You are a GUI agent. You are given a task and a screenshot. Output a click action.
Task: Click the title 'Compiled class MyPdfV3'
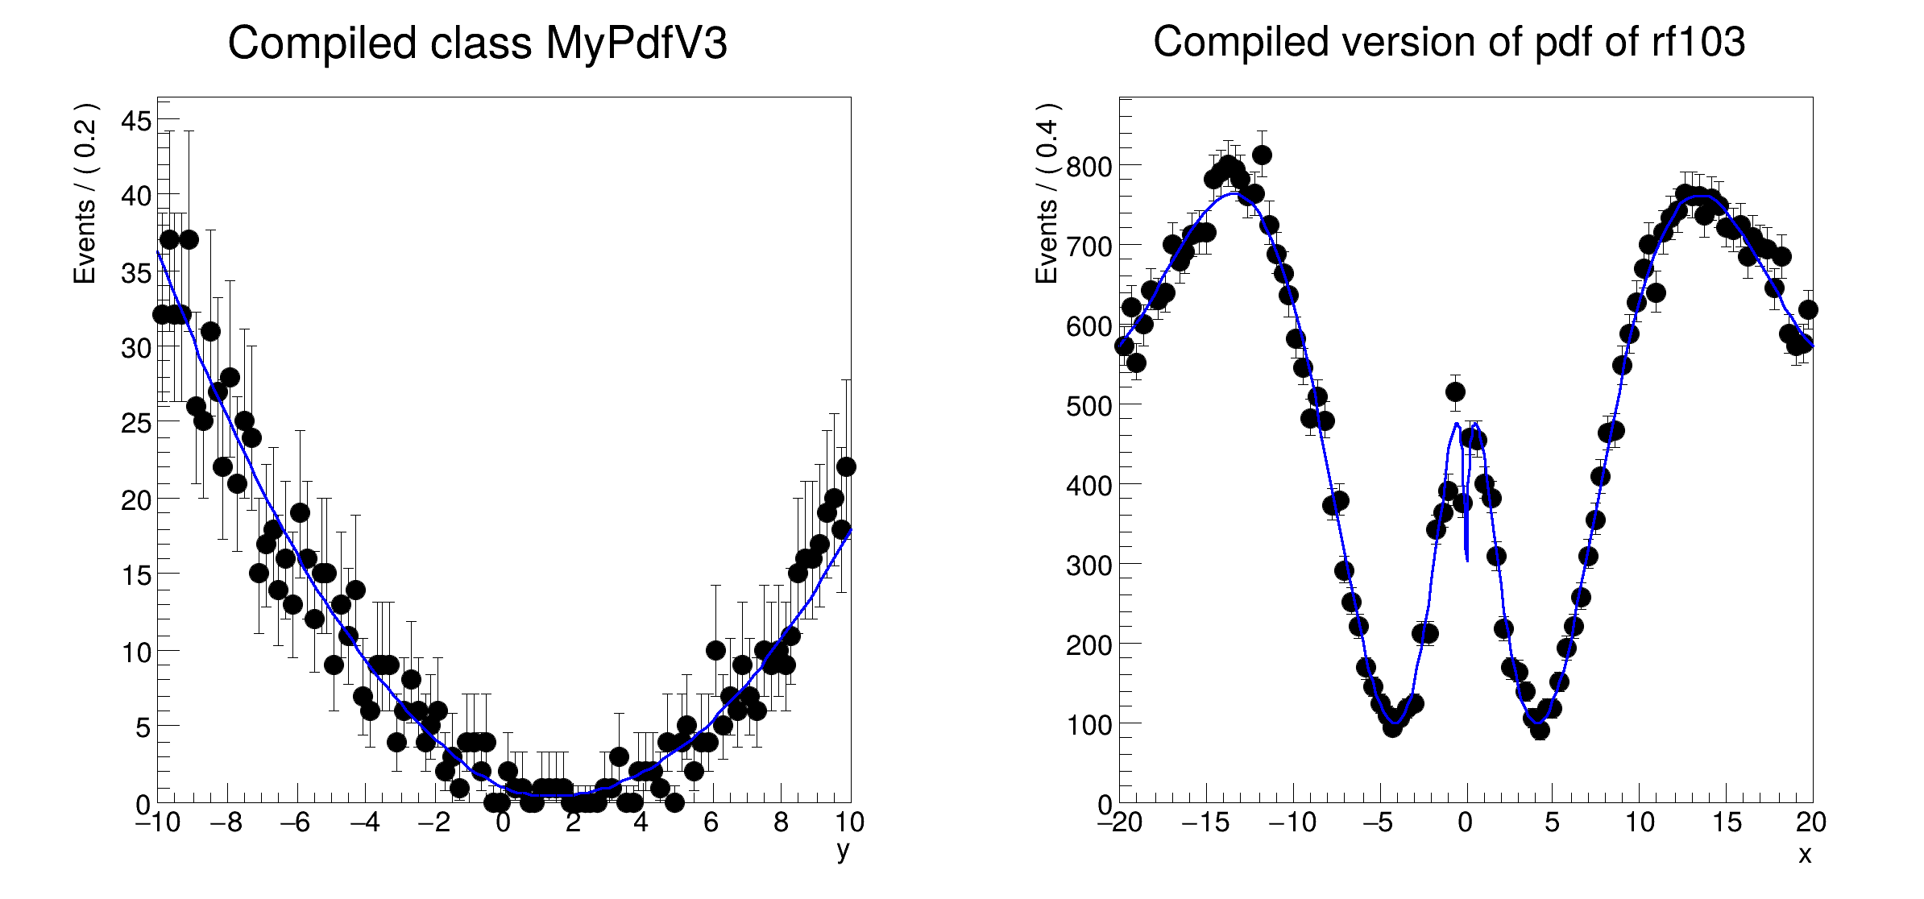tap(477, 43)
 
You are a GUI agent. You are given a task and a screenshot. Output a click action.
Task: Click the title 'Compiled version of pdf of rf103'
tap(1449, 42)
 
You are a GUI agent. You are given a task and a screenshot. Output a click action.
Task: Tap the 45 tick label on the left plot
tap(136, 122)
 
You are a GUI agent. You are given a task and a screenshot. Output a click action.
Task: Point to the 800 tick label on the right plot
tap(1089, 168)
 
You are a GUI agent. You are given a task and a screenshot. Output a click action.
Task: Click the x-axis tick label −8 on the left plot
tap(226, 822)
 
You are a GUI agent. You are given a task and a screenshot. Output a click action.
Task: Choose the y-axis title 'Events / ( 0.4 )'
tap(1047, 193)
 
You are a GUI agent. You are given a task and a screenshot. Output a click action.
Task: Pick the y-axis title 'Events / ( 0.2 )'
tap(85, 193)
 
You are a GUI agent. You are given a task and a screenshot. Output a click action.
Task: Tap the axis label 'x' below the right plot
tap(1805, 854)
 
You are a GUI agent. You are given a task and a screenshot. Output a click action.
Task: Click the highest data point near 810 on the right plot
tap(1262, 155)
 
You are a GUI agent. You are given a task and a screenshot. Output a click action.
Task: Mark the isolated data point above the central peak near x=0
tap(1455, 392)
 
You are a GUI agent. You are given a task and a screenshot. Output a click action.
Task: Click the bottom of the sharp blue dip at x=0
tap(1466, 559)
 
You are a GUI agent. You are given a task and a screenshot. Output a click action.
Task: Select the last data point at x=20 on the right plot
tap(1808, 310)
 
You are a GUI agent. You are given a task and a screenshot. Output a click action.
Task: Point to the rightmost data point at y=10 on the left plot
tap(846, 466)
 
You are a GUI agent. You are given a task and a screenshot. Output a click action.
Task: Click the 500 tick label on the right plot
tap(1089, 406)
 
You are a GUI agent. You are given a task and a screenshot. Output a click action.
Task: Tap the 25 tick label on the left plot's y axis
tap(136, 423)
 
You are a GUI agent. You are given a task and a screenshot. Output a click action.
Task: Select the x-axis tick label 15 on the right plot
tap(1727, 822)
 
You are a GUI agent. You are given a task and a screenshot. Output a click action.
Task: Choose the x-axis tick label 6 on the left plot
tap(710, 822)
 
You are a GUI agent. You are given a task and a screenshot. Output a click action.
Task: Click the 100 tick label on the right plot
tap(1089, 725)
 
